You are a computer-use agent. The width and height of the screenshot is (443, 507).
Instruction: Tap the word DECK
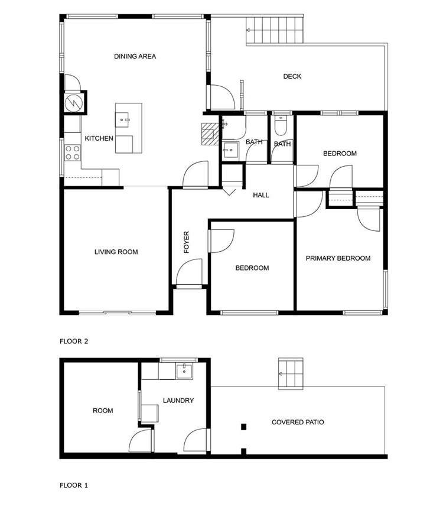tap(292, 76)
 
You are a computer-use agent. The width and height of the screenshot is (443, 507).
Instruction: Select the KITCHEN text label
tap(99, 138)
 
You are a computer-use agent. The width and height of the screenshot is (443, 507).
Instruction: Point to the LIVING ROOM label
tap(116, 252)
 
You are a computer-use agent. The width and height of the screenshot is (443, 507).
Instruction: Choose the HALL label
tap(261, 195)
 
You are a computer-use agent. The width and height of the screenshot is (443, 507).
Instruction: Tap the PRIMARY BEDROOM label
tap(338, 258)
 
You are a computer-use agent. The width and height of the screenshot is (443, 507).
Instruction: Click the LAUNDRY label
tap(178, 401)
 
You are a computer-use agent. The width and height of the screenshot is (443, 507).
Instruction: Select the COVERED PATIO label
tap(298, 422)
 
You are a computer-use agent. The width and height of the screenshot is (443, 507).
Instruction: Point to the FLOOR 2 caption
tap(74, 341)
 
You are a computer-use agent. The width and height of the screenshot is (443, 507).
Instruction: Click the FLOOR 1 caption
tap(74, 485)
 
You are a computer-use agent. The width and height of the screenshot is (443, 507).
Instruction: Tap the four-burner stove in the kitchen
tap(72, 153)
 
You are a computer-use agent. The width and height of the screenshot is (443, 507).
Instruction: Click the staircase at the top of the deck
tap(275, 30)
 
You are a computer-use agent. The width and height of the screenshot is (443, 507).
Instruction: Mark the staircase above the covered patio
tap(291, 373)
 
